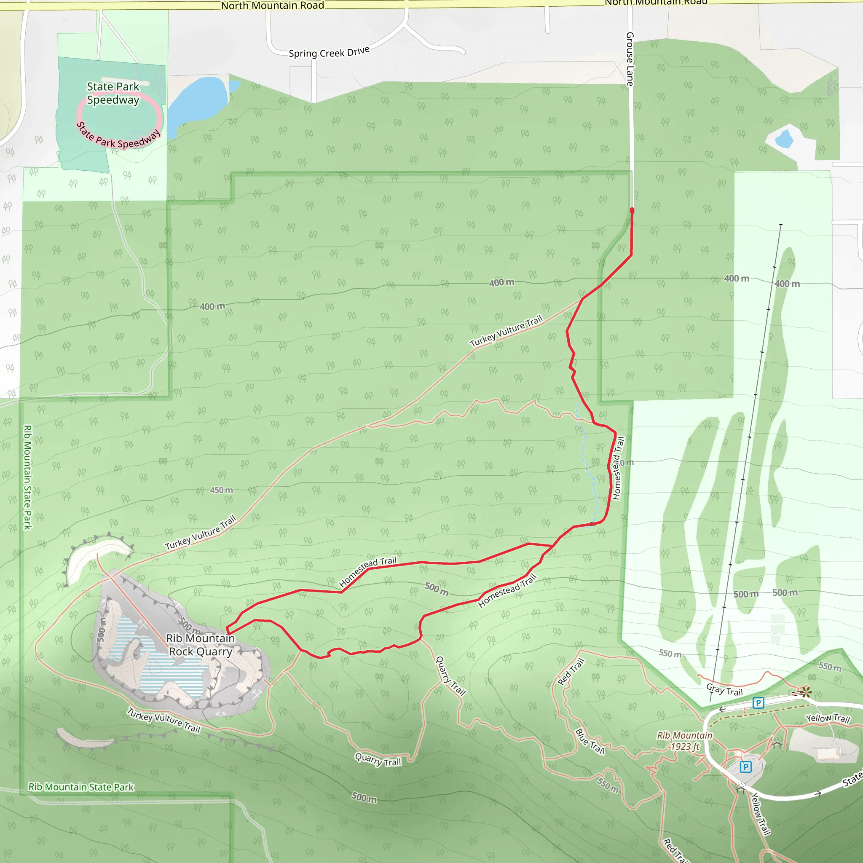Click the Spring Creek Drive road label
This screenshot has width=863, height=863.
tap(329, 52)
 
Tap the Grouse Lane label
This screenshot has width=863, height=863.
tap(630, 59)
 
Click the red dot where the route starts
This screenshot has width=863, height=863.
tap(632, 210)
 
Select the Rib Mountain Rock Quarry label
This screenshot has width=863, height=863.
tap(201, 645)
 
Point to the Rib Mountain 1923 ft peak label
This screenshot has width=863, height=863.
tap(684, 741)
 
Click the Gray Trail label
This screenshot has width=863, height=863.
tap(724, 690)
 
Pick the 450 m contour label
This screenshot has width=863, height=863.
tap(222, 490)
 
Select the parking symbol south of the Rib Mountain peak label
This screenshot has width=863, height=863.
tap(745, 767)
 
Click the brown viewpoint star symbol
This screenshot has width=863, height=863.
tap(806, 692)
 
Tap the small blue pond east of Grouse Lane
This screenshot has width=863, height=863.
tap(784, 139)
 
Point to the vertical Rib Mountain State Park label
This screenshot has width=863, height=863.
tap(28, 477)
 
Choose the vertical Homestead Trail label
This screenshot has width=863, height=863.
tap(618, 468)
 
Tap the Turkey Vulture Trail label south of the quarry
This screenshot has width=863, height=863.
tap(163, 720)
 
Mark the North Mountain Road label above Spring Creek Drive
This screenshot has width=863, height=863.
tap(273, 5)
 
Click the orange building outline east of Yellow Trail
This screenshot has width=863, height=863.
tap(827, 754)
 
